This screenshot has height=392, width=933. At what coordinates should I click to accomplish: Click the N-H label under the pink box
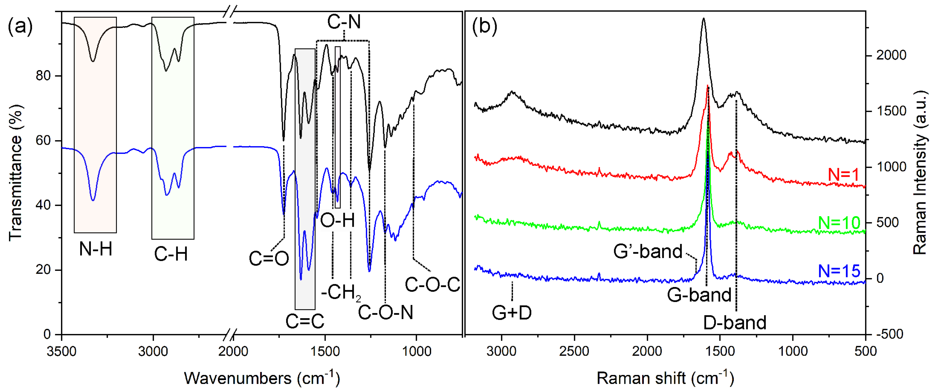(96, 249)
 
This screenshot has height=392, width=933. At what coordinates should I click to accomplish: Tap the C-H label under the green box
(171, 254)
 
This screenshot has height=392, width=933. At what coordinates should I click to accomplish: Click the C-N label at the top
(344, 22)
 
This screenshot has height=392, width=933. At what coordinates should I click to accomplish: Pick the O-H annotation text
(338, 220)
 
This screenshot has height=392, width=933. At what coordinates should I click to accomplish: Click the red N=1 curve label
(843, 175)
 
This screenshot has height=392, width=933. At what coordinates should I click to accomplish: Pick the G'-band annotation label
(648, 251)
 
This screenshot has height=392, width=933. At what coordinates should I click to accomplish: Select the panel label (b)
(485, 26)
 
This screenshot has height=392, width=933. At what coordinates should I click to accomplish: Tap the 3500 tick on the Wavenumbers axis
(62, 351)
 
